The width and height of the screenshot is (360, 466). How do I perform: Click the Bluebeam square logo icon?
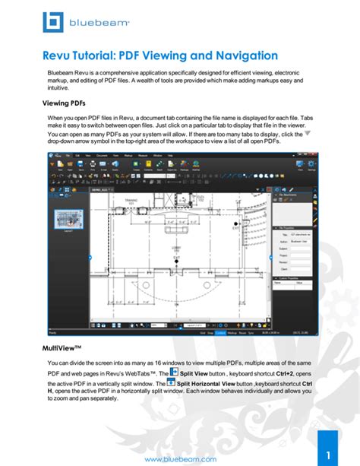pos(53,23)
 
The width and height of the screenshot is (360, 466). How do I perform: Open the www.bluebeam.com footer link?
pos(180,458)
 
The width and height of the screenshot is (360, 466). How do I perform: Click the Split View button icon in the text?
pos(173,372)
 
